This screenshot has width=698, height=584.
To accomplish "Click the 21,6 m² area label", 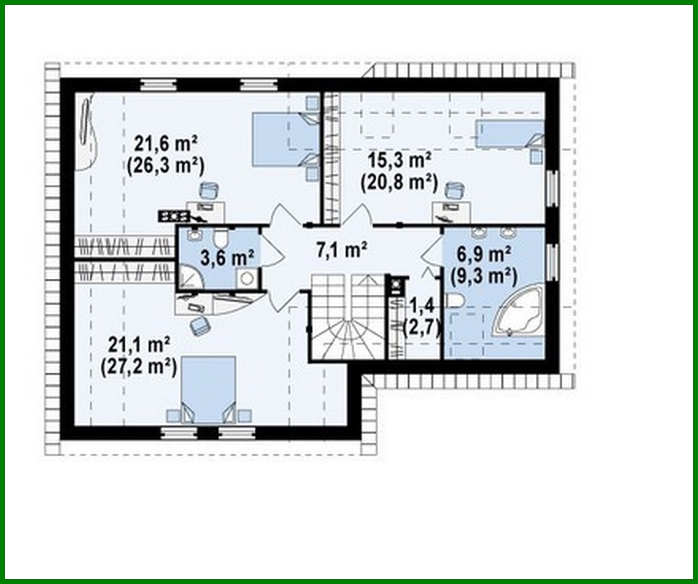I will (x=166, y=143).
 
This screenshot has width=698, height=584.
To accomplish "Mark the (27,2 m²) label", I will (x=138, y=366).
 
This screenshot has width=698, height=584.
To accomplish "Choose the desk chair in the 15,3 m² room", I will (x=453, y=189).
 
